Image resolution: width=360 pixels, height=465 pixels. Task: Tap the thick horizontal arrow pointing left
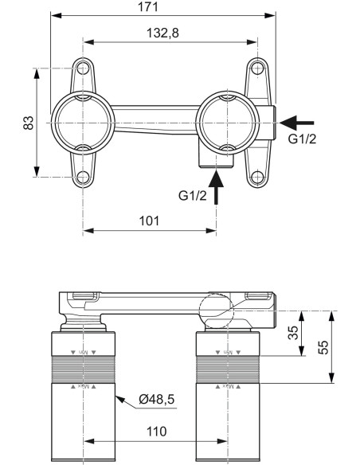[298, 123]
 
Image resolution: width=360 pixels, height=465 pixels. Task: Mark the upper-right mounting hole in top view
[256, 68]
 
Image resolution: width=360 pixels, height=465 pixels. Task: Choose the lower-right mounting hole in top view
[256, 177]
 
